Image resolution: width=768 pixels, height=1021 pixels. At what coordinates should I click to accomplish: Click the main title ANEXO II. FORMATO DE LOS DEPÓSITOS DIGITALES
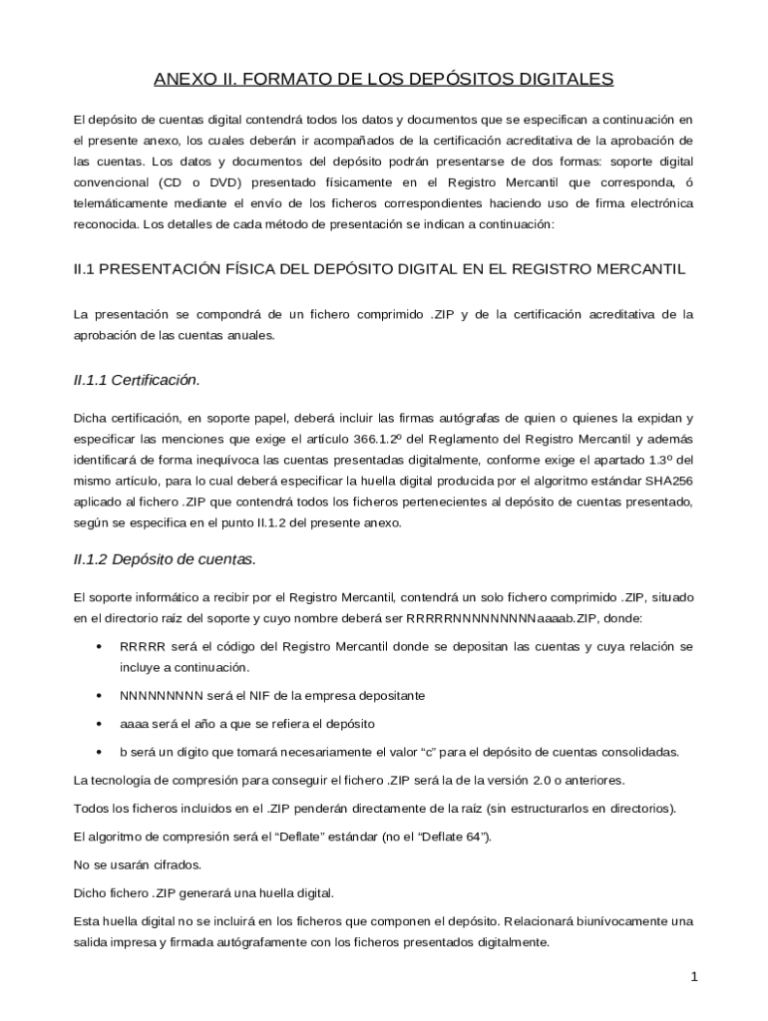[x=384, y=78]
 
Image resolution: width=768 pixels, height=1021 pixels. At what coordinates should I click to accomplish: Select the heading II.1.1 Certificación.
[x=137, y=380]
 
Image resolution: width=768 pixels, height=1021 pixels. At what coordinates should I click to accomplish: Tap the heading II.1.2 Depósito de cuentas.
[x=165, y=559]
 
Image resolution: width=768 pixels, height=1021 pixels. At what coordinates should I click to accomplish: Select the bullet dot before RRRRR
[x=98, y=647]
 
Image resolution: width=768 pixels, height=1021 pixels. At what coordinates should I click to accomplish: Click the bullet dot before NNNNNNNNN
[x=98, y=695]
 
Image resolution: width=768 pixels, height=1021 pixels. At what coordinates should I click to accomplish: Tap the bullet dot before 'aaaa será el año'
[x=98, y=723]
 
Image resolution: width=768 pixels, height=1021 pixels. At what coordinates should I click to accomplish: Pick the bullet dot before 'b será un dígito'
[x=98, y=752]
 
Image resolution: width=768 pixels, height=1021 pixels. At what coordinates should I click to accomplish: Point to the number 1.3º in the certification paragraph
[x=659, y=460]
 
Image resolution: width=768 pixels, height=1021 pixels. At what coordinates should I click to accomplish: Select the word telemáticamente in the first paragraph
[x=122, y=203]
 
